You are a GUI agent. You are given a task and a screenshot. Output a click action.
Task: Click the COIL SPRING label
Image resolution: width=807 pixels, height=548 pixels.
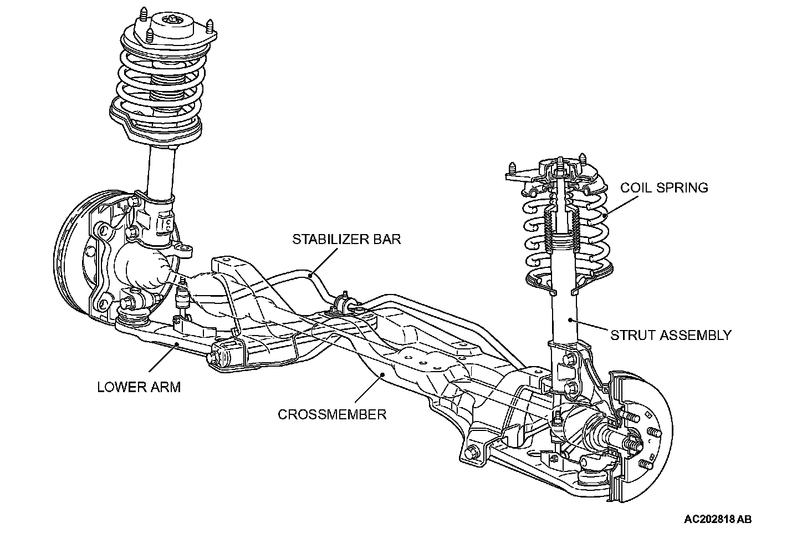663,187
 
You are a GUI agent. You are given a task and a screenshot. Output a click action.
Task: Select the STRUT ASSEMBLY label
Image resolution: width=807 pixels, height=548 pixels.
671,335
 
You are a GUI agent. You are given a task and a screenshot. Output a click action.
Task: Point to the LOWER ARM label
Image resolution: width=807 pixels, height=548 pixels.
139,387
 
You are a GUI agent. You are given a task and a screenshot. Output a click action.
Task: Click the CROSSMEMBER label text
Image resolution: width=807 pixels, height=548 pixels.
332,414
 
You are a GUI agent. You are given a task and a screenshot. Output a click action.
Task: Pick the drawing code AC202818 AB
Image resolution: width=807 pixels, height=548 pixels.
718,520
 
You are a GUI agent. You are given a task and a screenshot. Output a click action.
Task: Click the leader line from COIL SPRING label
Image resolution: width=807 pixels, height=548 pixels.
624,204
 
